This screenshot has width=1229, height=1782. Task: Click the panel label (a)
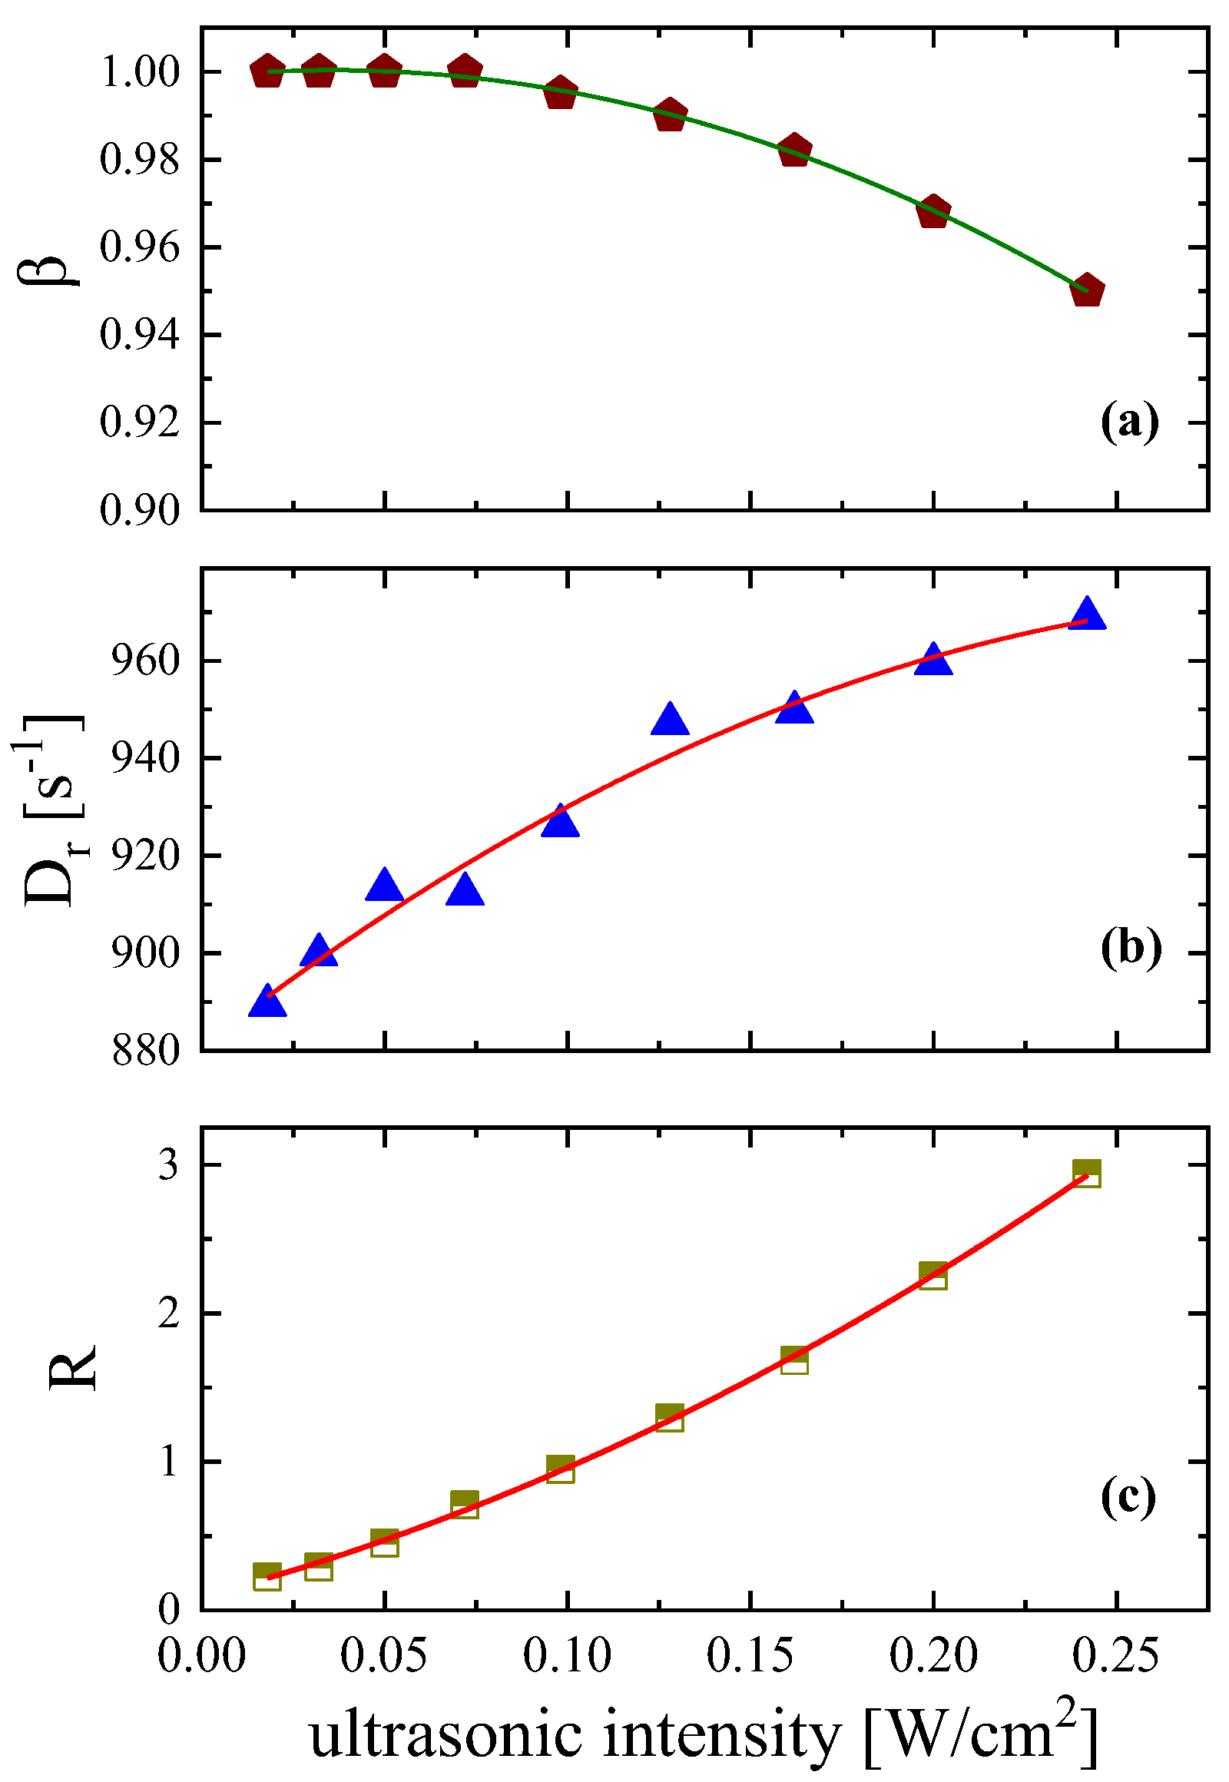[x=1129, y=422]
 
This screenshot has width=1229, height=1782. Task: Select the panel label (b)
[x=1131, y=949]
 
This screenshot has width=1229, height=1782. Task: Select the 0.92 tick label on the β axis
[x=139, y=422]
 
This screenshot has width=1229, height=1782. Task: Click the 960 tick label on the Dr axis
[x=144, y=661]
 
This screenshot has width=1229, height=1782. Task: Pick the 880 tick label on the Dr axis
[x=144, y=1052]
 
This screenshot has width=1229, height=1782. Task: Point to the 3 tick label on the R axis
[x=168, y=1165]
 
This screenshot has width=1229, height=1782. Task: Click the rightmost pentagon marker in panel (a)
[x=1088, y=290]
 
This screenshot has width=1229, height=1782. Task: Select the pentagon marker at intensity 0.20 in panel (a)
[x=933, y=212]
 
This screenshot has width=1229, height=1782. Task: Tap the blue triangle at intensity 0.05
[x=384, y=886]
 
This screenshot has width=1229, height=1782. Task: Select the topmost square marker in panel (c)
[x=1087, y=1174]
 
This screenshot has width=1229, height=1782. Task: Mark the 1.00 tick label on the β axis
[x=139, y=72]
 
